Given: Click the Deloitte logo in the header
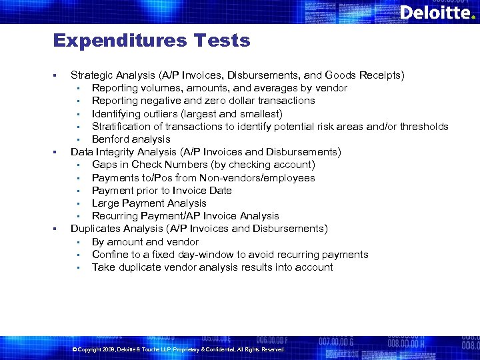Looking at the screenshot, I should pyautogui.click(x=437, y=12).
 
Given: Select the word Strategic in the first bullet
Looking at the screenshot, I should pyautogui.click(x=93, y=75).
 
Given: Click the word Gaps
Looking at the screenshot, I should pyautogui.click(x=105, y=165).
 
